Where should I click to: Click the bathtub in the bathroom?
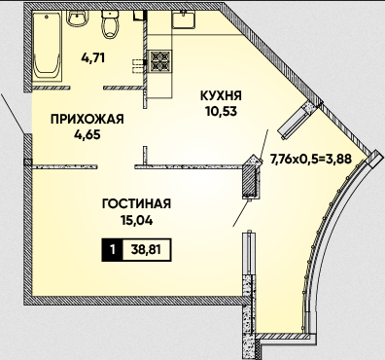(x=48, y=46)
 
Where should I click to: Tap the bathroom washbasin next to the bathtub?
(x=77, y=18)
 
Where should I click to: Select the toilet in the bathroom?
(x=111, y=23)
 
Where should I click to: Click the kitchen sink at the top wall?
(x=184, y=19)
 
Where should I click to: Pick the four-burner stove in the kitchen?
(x=160, y=61)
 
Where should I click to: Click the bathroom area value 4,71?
(x=93, y=58)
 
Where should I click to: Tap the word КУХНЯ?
(x=221, y=96)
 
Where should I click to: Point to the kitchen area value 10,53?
(x=221, y=111)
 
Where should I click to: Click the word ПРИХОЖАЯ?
(x=87, y=119)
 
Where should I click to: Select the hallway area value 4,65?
(x=87, y=134)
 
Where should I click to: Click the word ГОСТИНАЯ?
(x=136, y=204)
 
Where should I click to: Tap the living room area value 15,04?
(x=136, y=221)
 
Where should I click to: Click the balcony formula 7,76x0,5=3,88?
(x=311, y=160)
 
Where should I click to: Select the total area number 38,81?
(x=146, y=250)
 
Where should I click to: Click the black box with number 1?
(x=112, y=250)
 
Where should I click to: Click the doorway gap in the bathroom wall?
(x=87, y=88)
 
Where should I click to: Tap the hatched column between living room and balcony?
(x=250, y=177)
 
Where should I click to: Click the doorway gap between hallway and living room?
(x=116, y=167)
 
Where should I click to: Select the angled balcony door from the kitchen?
(x=296, y=121)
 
